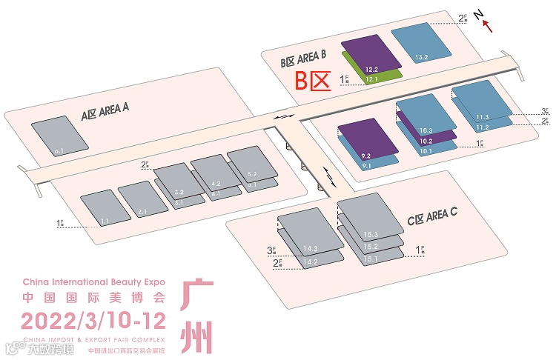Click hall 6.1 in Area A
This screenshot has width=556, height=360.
pos(59,136)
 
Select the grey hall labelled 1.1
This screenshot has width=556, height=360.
pos(101,207)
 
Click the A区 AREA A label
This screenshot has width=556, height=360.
pos(105,113)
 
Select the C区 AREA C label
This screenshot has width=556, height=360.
pos(432,216)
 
